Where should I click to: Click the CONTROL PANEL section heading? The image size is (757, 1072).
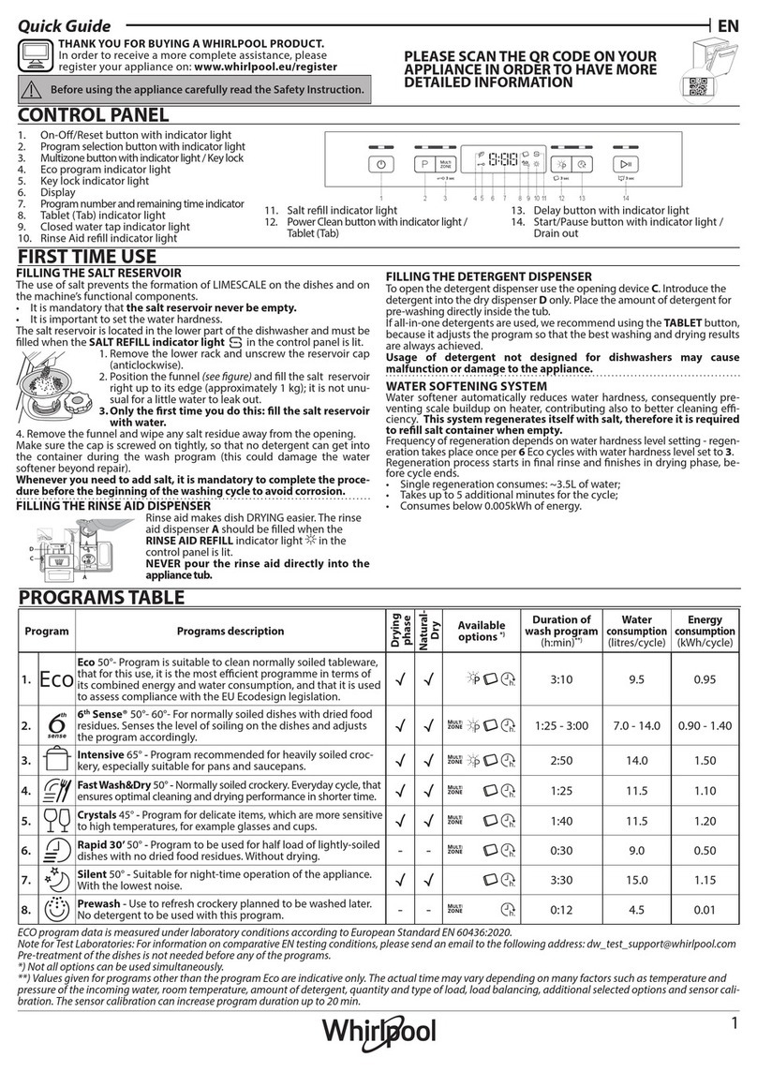[94, 116]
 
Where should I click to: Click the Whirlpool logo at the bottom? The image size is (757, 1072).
[379, 1033]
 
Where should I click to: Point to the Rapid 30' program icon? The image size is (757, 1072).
[55, 853]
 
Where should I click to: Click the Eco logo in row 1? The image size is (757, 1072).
[55, 680]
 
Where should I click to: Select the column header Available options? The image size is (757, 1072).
[481, 631]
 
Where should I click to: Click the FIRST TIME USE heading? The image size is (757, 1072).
[89, 256]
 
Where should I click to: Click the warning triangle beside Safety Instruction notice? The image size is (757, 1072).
[34, 90]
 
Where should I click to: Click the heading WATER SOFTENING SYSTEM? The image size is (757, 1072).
[467, 385]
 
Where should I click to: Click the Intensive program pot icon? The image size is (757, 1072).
[55, 761]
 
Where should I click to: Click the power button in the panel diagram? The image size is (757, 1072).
[381, 163]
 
